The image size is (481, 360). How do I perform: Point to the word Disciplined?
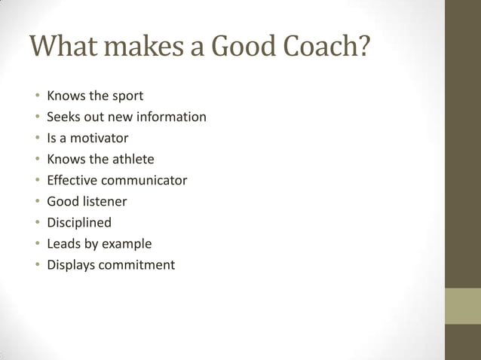[79, 222]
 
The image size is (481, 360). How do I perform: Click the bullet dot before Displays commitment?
[36, 265]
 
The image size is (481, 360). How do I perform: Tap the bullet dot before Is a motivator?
[36, 139]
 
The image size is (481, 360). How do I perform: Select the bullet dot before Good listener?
[36, 202]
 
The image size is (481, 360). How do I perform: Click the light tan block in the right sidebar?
[463, 306]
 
